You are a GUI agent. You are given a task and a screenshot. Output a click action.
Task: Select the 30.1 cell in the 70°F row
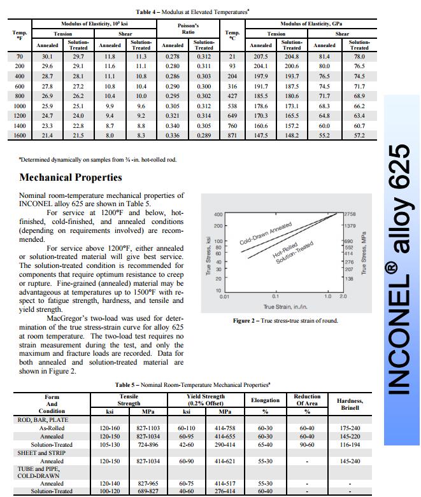coord(47,57)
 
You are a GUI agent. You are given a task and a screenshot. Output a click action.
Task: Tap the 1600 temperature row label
coord(19,136)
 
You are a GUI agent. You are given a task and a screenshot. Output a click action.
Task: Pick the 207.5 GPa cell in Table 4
coord(260,57)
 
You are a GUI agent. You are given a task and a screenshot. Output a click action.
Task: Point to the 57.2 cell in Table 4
coord(359,136)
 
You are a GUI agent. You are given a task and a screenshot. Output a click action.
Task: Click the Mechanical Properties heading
coord(71,178)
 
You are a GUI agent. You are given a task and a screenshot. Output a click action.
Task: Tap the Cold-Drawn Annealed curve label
coord(266,234)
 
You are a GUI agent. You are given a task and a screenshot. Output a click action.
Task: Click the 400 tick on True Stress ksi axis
coord(218,214)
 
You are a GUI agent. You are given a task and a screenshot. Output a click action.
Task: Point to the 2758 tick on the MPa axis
coord(350,214)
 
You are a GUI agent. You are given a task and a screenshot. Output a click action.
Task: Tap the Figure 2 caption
coord(285,321)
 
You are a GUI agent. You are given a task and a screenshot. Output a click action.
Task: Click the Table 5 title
coord(193,385)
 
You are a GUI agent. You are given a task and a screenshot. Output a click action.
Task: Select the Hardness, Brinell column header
coord(350,404)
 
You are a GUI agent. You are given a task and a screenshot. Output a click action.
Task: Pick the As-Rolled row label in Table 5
coord(52,428)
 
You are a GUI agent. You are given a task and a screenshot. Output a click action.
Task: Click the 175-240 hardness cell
coord(350,428)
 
